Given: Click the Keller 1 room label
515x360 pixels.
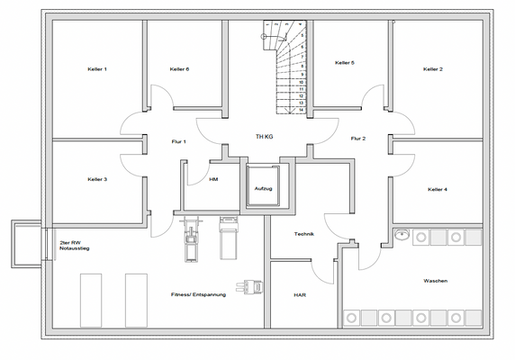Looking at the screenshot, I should pos(97,69).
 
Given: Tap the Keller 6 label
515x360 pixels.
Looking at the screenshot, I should pos(179,69).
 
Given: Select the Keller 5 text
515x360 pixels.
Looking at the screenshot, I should pos(345,63).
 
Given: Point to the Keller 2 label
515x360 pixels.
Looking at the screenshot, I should pos(433,69).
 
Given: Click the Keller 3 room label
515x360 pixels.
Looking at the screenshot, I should pos(97,179).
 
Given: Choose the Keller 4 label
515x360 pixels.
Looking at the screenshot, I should pos(438,189).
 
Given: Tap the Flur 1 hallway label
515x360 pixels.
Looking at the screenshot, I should pos(178,141).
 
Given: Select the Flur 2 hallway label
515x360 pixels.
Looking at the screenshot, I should pos(357,139).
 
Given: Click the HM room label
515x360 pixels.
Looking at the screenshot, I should pos(213,179).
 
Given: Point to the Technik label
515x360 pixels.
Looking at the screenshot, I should pos(303,234).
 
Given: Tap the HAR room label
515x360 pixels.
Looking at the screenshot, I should pos(300,294).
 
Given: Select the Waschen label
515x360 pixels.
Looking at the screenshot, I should pos(435,281).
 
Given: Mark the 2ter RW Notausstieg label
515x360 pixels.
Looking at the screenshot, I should pos(73,245).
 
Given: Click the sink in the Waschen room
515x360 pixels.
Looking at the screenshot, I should pos(401,236).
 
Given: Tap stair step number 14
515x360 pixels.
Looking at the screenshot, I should pos(301,109).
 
